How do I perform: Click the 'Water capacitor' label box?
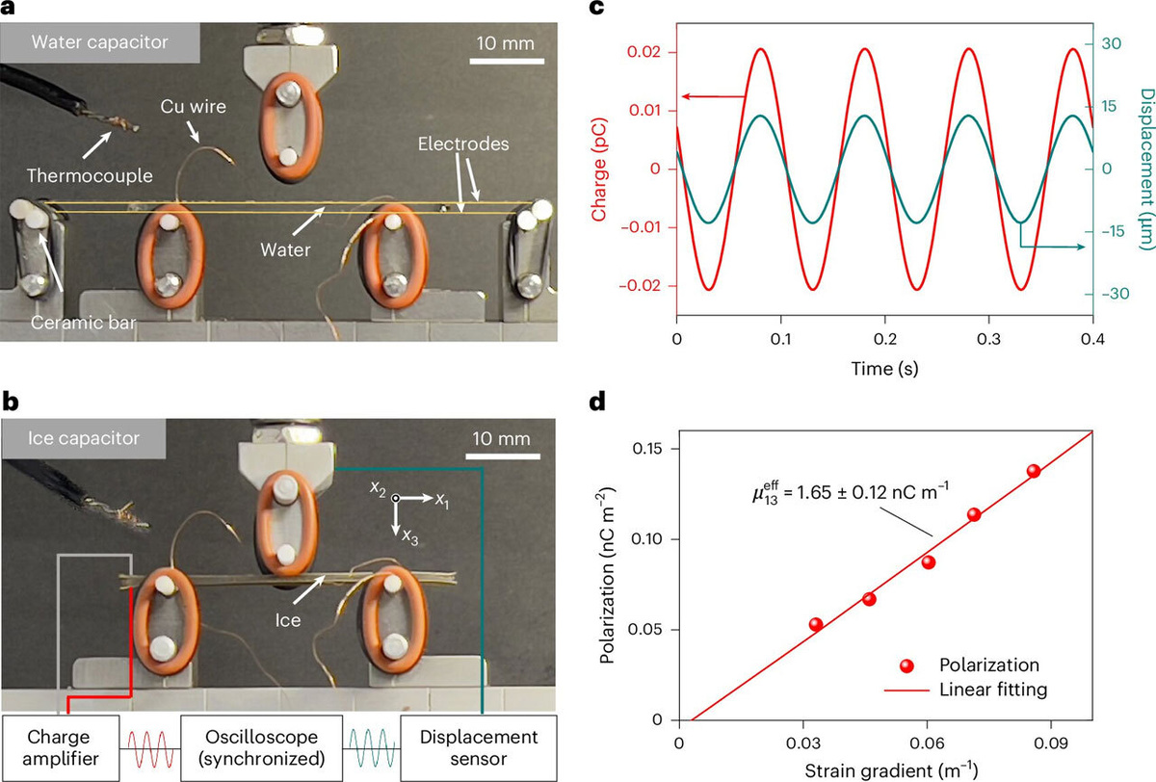click(x=99, y=42)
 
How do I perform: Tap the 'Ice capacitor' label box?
click(x=84, y=438)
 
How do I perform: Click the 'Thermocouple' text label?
click(x=90, y=176)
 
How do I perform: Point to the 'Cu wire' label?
click(x=193, y=106)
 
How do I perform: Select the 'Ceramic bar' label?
click(x=83, y=323)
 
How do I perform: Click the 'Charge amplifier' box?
click(x=61, y=747)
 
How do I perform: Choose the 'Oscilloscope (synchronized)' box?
click(x=262, y=747)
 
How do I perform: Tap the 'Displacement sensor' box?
click(x=479, y=747)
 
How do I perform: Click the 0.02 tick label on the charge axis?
click(x=645, y=52)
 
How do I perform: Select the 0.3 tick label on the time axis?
click(x=988, y=339)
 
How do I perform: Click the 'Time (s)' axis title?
click(x=884, y=369)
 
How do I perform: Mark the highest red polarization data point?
click(x=1033, y=471)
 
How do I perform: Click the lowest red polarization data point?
click(x=816, y=625)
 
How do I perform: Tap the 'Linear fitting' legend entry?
click(x=966, y=690)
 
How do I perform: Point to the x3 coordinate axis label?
click(x=410, y=537)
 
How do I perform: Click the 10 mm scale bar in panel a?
click(x=507, y=61)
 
